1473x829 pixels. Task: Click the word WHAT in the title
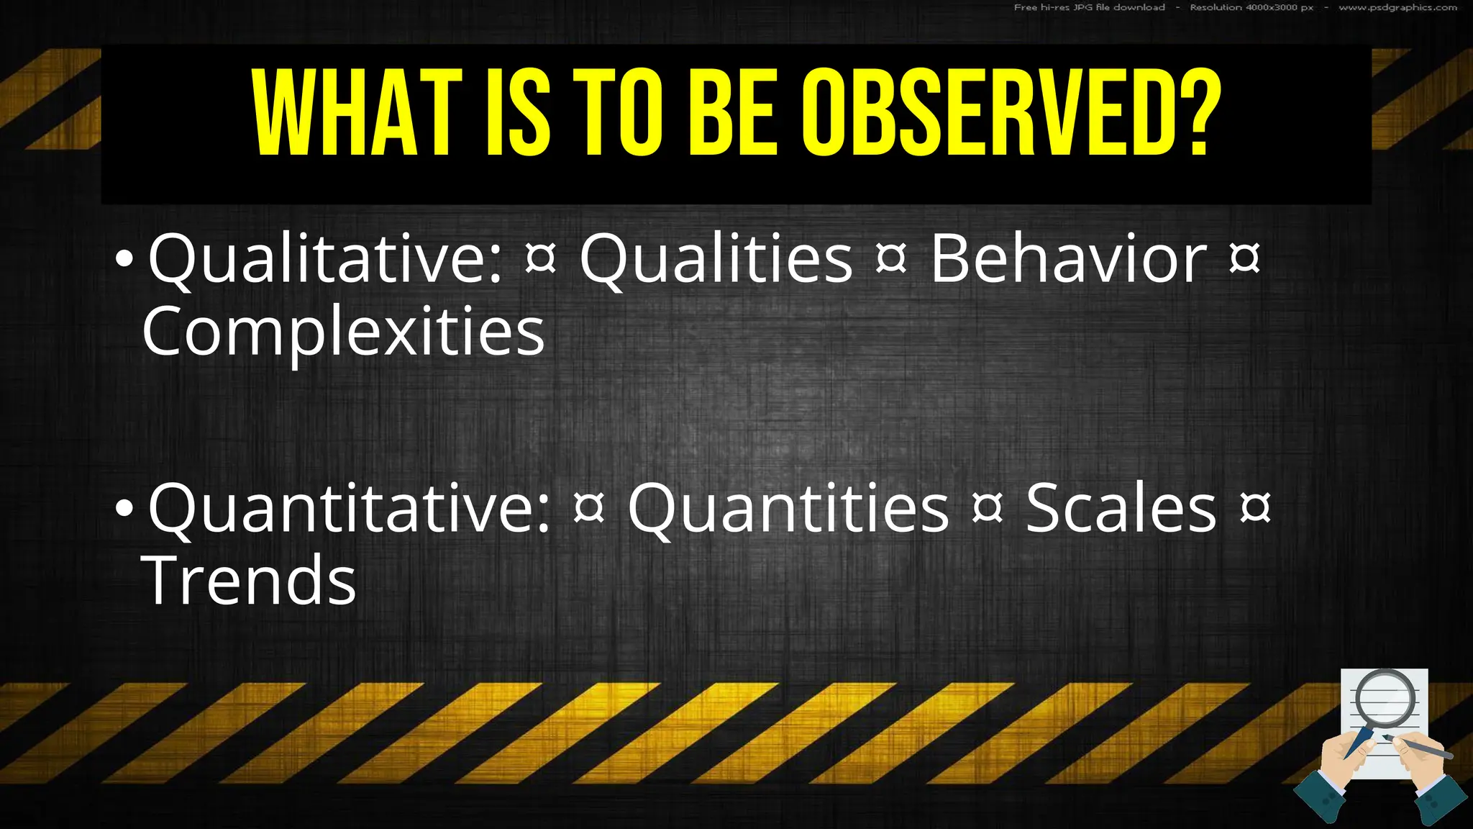pyautogui.click(x=357, y=113)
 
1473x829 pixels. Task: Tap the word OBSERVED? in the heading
pyautogui.click(x=1011, y=113)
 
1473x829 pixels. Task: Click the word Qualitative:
pyautogui.click(x=325, y=260)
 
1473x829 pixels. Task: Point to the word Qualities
pyautogui.click(x=716, y=258)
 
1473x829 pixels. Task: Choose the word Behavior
pyautogui.click(x=1068, y=258)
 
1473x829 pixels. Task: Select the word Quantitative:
pyautogui.click(x=350, y=509)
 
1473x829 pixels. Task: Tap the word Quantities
pyautogui.click(x=788, y=508)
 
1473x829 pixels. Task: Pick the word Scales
pyautogui.click(x=1121, y=508)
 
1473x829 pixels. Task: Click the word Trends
pyautogui.click(x=249, y=580)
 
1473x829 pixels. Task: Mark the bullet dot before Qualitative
pyautogui.click(x=124, y=260)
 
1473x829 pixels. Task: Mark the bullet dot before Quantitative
pyautogui.click(x=124, y=509)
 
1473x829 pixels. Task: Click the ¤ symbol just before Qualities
pyautogui.click(x=541, y=259)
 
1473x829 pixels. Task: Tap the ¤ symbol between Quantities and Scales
pyautogui.click(x=987, y=508)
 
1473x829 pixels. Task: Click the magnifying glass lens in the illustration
pyautogui.click(x=1385, y=698)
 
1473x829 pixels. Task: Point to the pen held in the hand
pyautogui.click(x=1420, y=748)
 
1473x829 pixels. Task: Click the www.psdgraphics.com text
pyautogui.click(x=1397, y=8)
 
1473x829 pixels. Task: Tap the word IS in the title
pyautogui.click(x=519, y=113)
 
